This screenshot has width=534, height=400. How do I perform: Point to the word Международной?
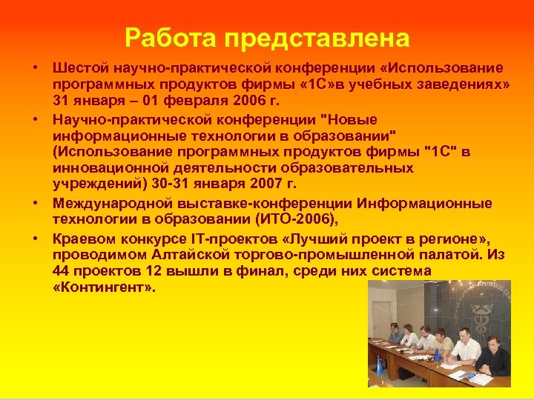click(104, 203)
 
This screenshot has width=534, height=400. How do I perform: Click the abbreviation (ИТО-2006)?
click(286, 219)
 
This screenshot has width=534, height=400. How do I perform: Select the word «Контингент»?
click(104, 288)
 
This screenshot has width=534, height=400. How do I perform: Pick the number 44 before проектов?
click(62, 272)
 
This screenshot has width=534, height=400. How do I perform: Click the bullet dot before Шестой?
click(36, 67)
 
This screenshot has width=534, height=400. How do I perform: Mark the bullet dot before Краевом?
click(36, 239)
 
